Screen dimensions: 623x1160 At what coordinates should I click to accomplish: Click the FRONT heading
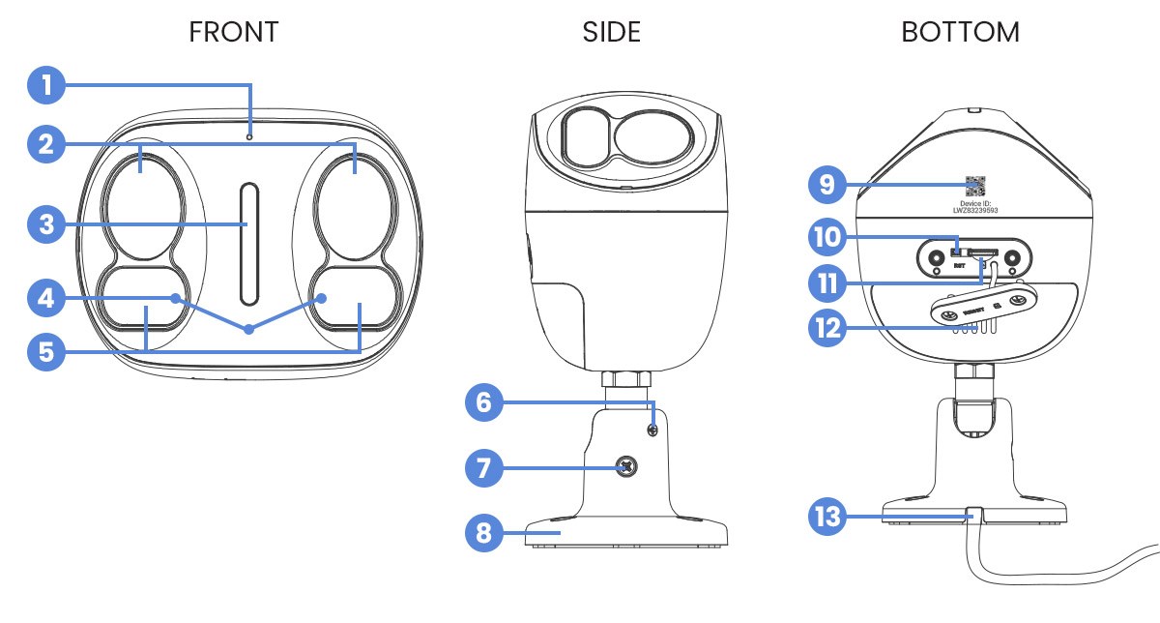(x=234, y=32)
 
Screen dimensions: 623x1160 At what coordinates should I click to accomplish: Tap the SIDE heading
(x=611, y=32)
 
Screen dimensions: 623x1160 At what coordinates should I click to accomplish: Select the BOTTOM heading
(x=960, y=32)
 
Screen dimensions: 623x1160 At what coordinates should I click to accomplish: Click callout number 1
(x=46, y=85)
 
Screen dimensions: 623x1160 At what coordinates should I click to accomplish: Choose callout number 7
(x=485, y=469)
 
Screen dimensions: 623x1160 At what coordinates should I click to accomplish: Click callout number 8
(x=485, y=532)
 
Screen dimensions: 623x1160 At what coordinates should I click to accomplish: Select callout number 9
(x=827, y=184)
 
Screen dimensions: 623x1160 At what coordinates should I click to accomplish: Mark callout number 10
(x=827, y=235)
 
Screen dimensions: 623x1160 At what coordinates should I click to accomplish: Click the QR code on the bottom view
(x=975, y=185)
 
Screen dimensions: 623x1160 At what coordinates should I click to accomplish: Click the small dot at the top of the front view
(x=249, y=137)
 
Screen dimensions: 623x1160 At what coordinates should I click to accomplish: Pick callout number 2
(x=46, y=144)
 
